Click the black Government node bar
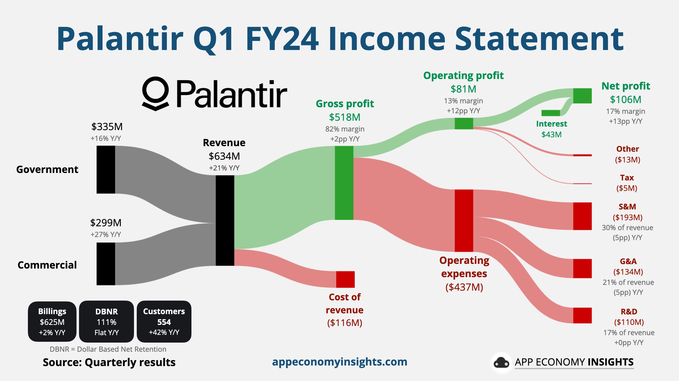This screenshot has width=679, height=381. point(106,170)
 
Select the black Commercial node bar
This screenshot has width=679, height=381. point(106,264)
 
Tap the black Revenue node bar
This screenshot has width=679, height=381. point(225,220)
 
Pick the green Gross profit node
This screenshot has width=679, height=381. point(344,183)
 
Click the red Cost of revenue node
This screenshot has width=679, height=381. point(345,279)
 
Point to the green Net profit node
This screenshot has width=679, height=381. point(582,96)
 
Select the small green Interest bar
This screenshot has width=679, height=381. point(551,113)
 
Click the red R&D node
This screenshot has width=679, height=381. point(582,315)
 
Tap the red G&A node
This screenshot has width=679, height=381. point(582,268)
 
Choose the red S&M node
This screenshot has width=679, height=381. point(582,216)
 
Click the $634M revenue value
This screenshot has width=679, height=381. point(224,156)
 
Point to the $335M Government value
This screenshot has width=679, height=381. point(107,127)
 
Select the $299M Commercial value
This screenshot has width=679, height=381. point(106,223)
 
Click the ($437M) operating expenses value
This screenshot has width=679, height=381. point(464,287)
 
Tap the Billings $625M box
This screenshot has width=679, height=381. point(52,322)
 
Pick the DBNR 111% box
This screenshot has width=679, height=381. point(106,322)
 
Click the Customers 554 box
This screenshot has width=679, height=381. point(164,322)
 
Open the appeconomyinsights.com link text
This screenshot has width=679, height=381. point(339,362)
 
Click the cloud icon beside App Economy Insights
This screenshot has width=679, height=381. point(501,362)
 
